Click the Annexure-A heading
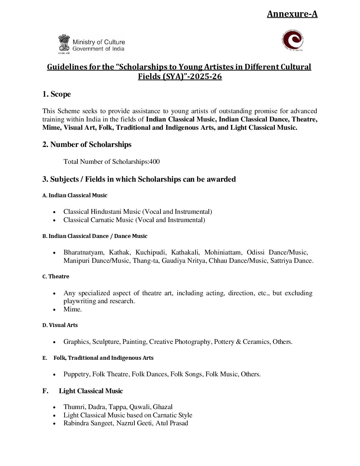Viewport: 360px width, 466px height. pos(292,14)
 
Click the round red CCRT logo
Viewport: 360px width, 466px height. pos(292,40)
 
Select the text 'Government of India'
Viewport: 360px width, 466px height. pos(98,49)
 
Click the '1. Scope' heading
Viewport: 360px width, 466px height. pos(57,94)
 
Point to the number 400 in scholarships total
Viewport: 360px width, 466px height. pos(154,162)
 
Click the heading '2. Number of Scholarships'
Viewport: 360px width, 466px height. pos(87,145)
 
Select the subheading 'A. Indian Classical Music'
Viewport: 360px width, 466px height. pos(75,196)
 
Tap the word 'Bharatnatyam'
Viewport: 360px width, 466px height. pos(84,253)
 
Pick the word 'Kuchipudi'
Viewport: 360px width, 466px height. pos(151,253)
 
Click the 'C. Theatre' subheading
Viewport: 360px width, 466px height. pos(56,277)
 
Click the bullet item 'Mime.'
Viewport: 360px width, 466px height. pos(72,309)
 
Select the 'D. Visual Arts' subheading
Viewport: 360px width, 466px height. pos(60,325)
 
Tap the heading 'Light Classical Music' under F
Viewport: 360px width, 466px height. pos(91,391)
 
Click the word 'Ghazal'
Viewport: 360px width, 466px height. pos(162,407)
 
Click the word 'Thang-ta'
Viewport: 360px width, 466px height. pos(146,261)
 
